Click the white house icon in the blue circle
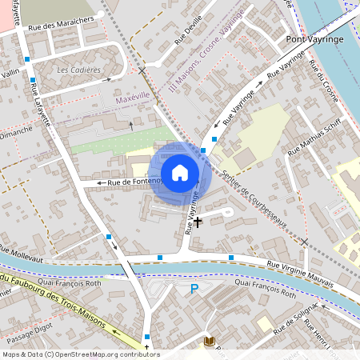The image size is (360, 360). (x=180, y=173)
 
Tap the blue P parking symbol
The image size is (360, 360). (x=194, y=289)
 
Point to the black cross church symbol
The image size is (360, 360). (x=198, y=221)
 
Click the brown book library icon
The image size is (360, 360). (x=210, y=342)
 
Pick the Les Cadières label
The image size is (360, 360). (x=79, y=70)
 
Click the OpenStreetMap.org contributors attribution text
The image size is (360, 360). (x=104, y=354)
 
